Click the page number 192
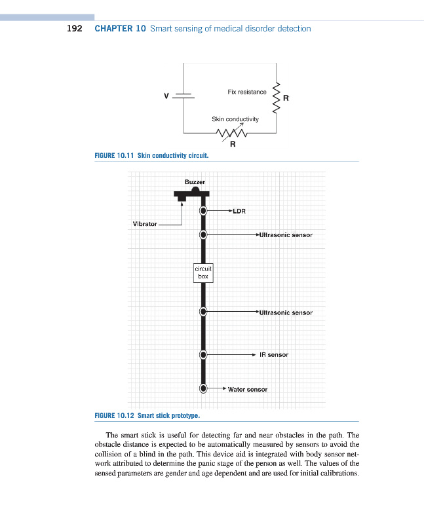[x=74, y=29]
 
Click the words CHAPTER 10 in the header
[x=120, y=29]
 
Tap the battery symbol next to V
[x=183, y=96]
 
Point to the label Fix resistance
[x=247, y=92]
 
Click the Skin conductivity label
[x=235, y=119]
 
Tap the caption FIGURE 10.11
[x=115, y=156]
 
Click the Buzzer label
[x=195, y=181]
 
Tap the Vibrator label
[x=145, y=224]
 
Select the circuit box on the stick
[x=203, y=272]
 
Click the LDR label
[x=239, y=212]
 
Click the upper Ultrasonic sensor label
[x=286, y=234]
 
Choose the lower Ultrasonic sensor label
[x=286, y=312]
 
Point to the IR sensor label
[x=274, y=354]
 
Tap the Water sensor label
[x=248, y=389]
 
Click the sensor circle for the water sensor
[x=204, y=388]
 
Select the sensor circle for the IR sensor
[x=204, y=354]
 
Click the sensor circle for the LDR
[x=204, y=211]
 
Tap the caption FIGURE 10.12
[x=115, y=415]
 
